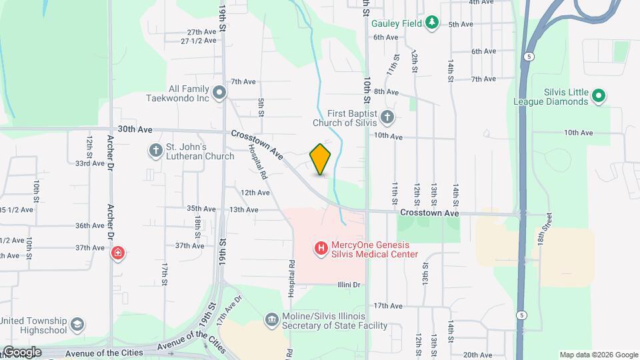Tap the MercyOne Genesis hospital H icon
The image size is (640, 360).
click(x=321, y=249)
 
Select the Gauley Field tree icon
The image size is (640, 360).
click(x=433, y=23)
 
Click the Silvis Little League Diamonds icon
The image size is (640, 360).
click(x=599, y=97)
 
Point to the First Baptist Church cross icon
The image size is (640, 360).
click(x=387, y=117)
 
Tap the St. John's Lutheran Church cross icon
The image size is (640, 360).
click(x=155, y=151)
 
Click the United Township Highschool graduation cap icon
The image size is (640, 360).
click(x=77, y=325)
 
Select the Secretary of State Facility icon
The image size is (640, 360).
click(x=271, y=320)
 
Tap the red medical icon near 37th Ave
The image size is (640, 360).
click(x=118, y=253)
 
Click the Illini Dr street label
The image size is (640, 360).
click(x=347, y=285)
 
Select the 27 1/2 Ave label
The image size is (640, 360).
click(x=199, y=41)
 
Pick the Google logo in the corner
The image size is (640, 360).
click(x=21, y=351)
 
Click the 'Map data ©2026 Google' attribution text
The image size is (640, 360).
click(x=599, y=355)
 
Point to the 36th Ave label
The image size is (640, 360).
click(x=89, y=225)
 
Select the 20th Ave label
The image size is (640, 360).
click(x=477, y=355)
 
